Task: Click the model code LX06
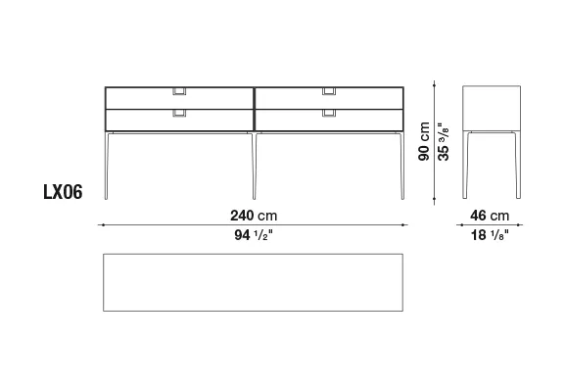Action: point(63,192)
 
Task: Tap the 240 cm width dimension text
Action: point(254,216)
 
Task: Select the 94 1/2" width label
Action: point(254,235)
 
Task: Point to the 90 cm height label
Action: point(424,141)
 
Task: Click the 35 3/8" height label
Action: point(444,142)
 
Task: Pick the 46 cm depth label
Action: point(490,216)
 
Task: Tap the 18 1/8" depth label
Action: point(490,235)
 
